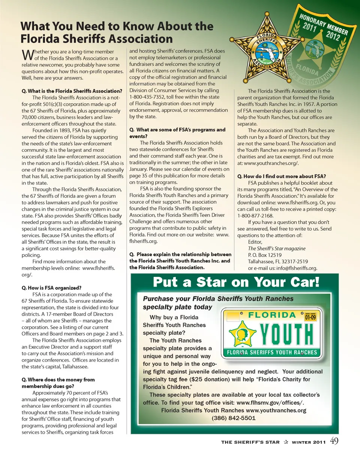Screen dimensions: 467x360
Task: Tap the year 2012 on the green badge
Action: point(333,36)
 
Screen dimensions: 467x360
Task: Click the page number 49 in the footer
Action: point(334,441)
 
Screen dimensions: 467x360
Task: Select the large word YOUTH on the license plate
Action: point(287,333)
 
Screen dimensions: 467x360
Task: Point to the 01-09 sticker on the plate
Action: point(310,317)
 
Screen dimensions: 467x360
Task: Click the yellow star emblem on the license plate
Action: point(242,333)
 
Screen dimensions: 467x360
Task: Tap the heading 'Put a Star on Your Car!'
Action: point(236,282)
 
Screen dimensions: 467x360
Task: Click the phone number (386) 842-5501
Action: point(233,418)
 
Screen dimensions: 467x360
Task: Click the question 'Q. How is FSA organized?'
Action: point(51,288)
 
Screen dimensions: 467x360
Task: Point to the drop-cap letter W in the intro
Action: point(27,55)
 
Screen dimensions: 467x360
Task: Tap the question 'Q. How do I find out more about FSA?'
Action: point(281,176)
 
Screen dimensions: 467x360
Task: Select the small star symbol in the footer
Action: point(286,442)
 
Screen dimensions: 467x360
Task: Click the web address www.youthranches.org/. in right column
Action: point(271,163)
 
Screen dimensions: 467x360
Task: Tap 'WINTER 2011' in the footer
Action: point(309,442)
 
